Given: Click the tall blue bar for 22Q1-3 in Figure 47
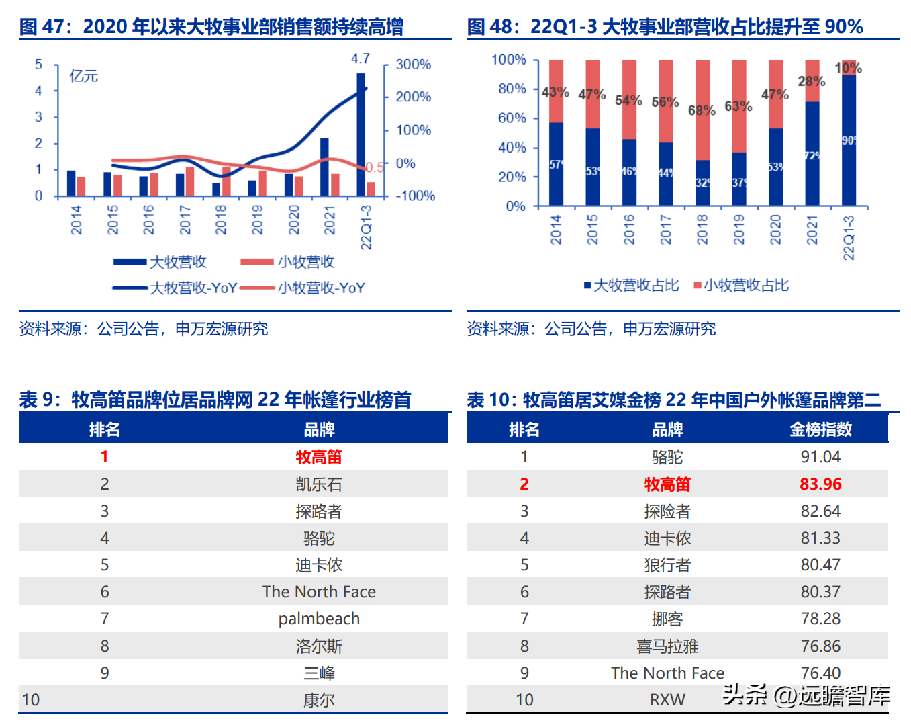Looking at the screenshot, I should [x=361, y=134].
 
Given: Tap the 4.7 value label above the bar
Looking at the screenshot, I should [x=361, y=59].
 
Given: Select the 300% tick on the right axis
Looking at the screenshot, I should [x=413, y=65].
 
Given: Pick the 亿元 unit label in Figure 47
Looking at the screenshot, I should [x=83, y=76].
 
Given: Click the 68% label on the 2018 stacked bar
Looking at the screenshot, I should [x=702, y=110].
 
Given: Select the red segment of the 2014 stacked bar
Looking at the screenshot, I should [x=556, y=91].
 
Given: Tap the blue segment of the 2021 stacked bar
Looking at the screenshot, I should [x=812, y=153].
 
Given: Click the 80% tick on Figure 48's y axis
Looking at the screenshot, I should [x=512, y=89].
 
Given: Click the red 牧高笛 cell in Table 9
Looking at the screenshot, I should [x=319, y=457].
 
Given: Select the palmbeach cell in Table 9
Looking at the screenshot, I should [x=319, y=619].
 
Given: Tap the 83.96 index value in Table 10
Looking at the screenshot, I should [x=820, y=484].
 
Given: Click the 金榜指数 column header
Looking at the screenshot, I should [x=820, y=429].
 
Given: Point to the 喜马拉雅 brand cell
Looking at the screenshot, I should [x=667, y=646].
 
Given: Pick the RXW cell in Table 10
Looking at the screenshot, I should [x=667, y=700].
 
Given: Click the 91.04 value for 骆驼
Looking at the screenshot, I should [x=820, y=457].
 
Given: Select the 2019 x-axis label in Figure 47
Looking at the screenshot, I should [x=257, y=220].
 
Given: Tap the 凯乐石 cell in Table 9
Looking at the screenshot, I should [x=319, y=484].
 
